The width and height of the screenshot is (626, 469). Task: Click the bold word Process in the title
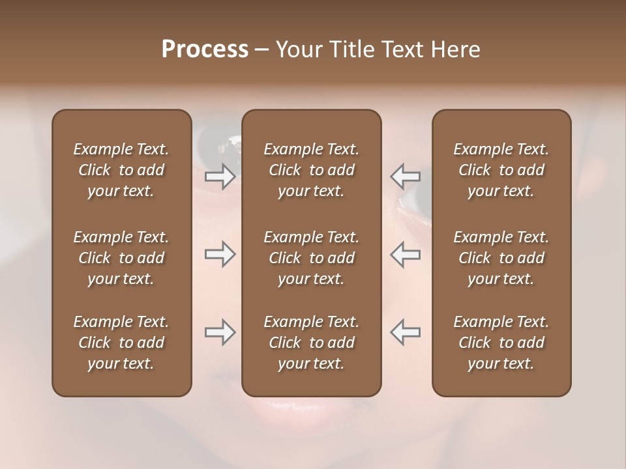(205, 50)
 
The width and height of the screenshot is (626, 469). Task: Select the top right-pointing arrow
(220, 176)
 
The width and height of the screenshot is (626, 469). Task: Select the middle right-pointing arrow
(220, 254)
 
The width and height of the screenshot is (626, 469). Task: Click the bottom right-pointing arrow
(220, 332)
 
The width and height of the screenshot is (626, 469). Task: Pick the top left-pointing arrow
(405, 176)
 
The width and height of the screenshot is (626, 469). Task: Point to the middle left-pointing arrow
(405, 254)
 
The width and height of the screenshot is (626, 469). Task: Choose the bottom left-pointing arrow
(405, 332)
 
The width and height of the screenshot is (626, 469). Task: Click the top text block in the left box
(121, 170)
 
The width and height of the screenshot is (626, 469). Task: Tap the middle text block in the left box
(121, 258)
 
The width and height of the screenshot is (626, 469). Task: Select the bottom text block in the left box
(121, 343)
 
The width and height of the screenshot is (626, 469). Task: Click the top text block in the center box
(311, 170)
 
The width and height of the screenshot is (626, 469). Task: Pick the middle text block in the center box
(311, 258)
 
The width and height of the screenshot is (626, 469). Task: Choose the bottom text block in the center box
(311, 343)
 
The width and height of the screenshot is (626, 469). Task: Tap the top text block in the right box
(501, 170)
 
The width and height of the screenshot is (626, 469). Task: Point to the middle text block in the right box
(501, 258)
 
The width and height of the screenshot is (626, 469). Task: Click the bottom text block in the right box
(501, 343)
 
